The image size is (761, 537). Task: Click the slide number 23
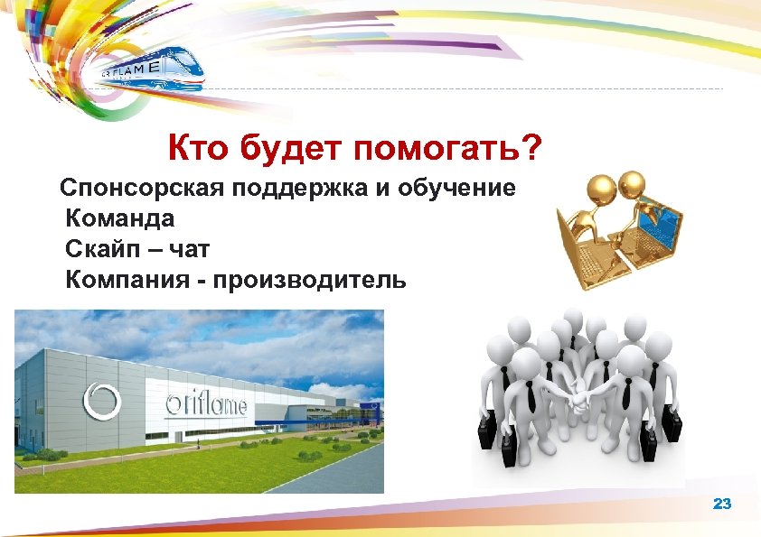721,504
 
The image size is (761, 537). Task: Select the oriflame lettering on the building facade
207,405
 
